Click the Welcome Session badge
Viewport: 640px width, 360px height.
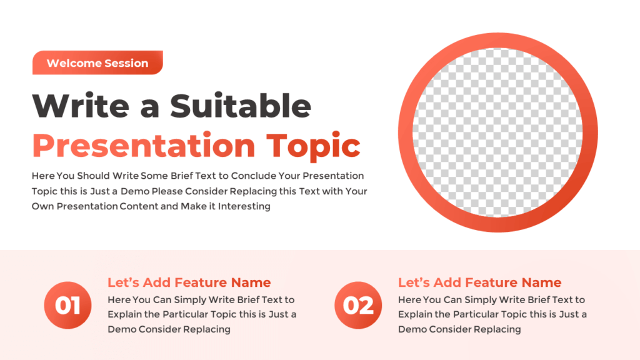tap(97, 62)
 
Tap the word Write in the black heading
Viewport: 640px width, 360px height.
tap(81, 106)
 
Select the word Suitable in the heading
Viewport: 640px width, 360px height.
tap(241, 106)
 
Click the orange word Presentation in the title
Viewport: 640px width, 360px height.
tap(144, 145)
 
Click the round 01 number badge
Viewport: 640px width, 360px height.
tap(67, 305)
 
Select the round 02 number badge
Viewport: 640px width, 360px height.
tap(358, 305)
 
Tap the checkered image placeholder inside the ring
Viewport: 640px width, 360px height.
tap(498, 132)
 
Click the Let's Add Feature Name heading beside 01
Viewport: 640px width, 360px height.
tap(189, 282)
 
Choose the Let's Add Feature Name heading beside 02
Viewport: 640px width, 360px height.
tap(479, 282)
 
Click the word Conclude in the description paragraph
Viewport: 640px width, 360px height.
tap(254, 176)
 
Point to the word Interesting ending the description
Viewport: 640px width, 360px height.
tap(244, 206)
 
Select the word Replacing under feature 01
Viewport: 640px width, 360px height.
tap(206, 329)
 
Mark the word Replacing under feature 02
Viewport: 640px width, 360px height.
tap(497, 329)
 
